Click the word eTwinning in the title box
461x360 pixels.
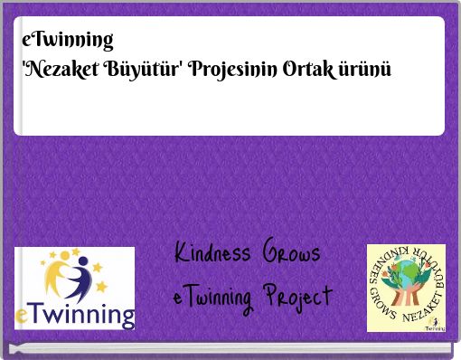pyautogui.click(x=68, y=40)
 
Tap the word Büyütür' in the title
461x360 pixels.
pyautogui.click(x=145, y=69)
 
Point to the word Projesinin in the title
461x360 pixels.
pyautogui.click(x=233, y=70)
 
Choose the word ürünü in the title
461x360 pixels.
pyautogui.click(x=365, y=69)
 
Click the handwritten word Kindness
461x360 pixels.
pyautogui.click(x=212, y=254)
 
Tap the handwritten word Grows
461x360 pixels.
pyautogui.click(x=291, y=254)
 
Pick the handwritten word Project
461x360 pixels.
pyautogui.click(x=299, y=297)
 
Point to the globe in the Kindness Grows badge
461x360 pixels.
pyautogui.click(x=406, y=276)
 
